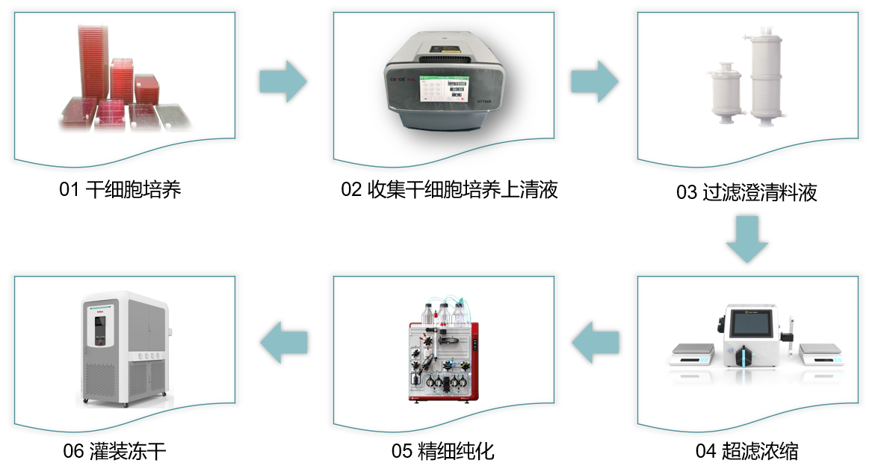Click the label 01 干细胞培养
120,190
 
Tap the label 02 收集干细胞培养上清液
449,190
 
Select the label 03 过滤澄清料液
747,193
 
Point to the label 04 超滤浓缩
747,451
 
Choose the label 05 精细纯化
442,451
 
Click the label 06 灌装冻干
114,451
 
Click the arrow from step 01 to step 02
283,82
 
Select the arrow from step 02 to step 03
595,82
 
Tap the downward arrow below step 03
747,239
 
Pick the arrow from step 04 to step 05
595,342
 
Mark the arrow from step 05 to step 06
284,342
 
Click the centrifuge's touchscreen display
444,89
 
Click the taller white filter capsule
766,76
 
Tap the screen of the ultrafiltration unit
751,325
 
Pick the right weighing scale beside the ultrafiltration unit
822,355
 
